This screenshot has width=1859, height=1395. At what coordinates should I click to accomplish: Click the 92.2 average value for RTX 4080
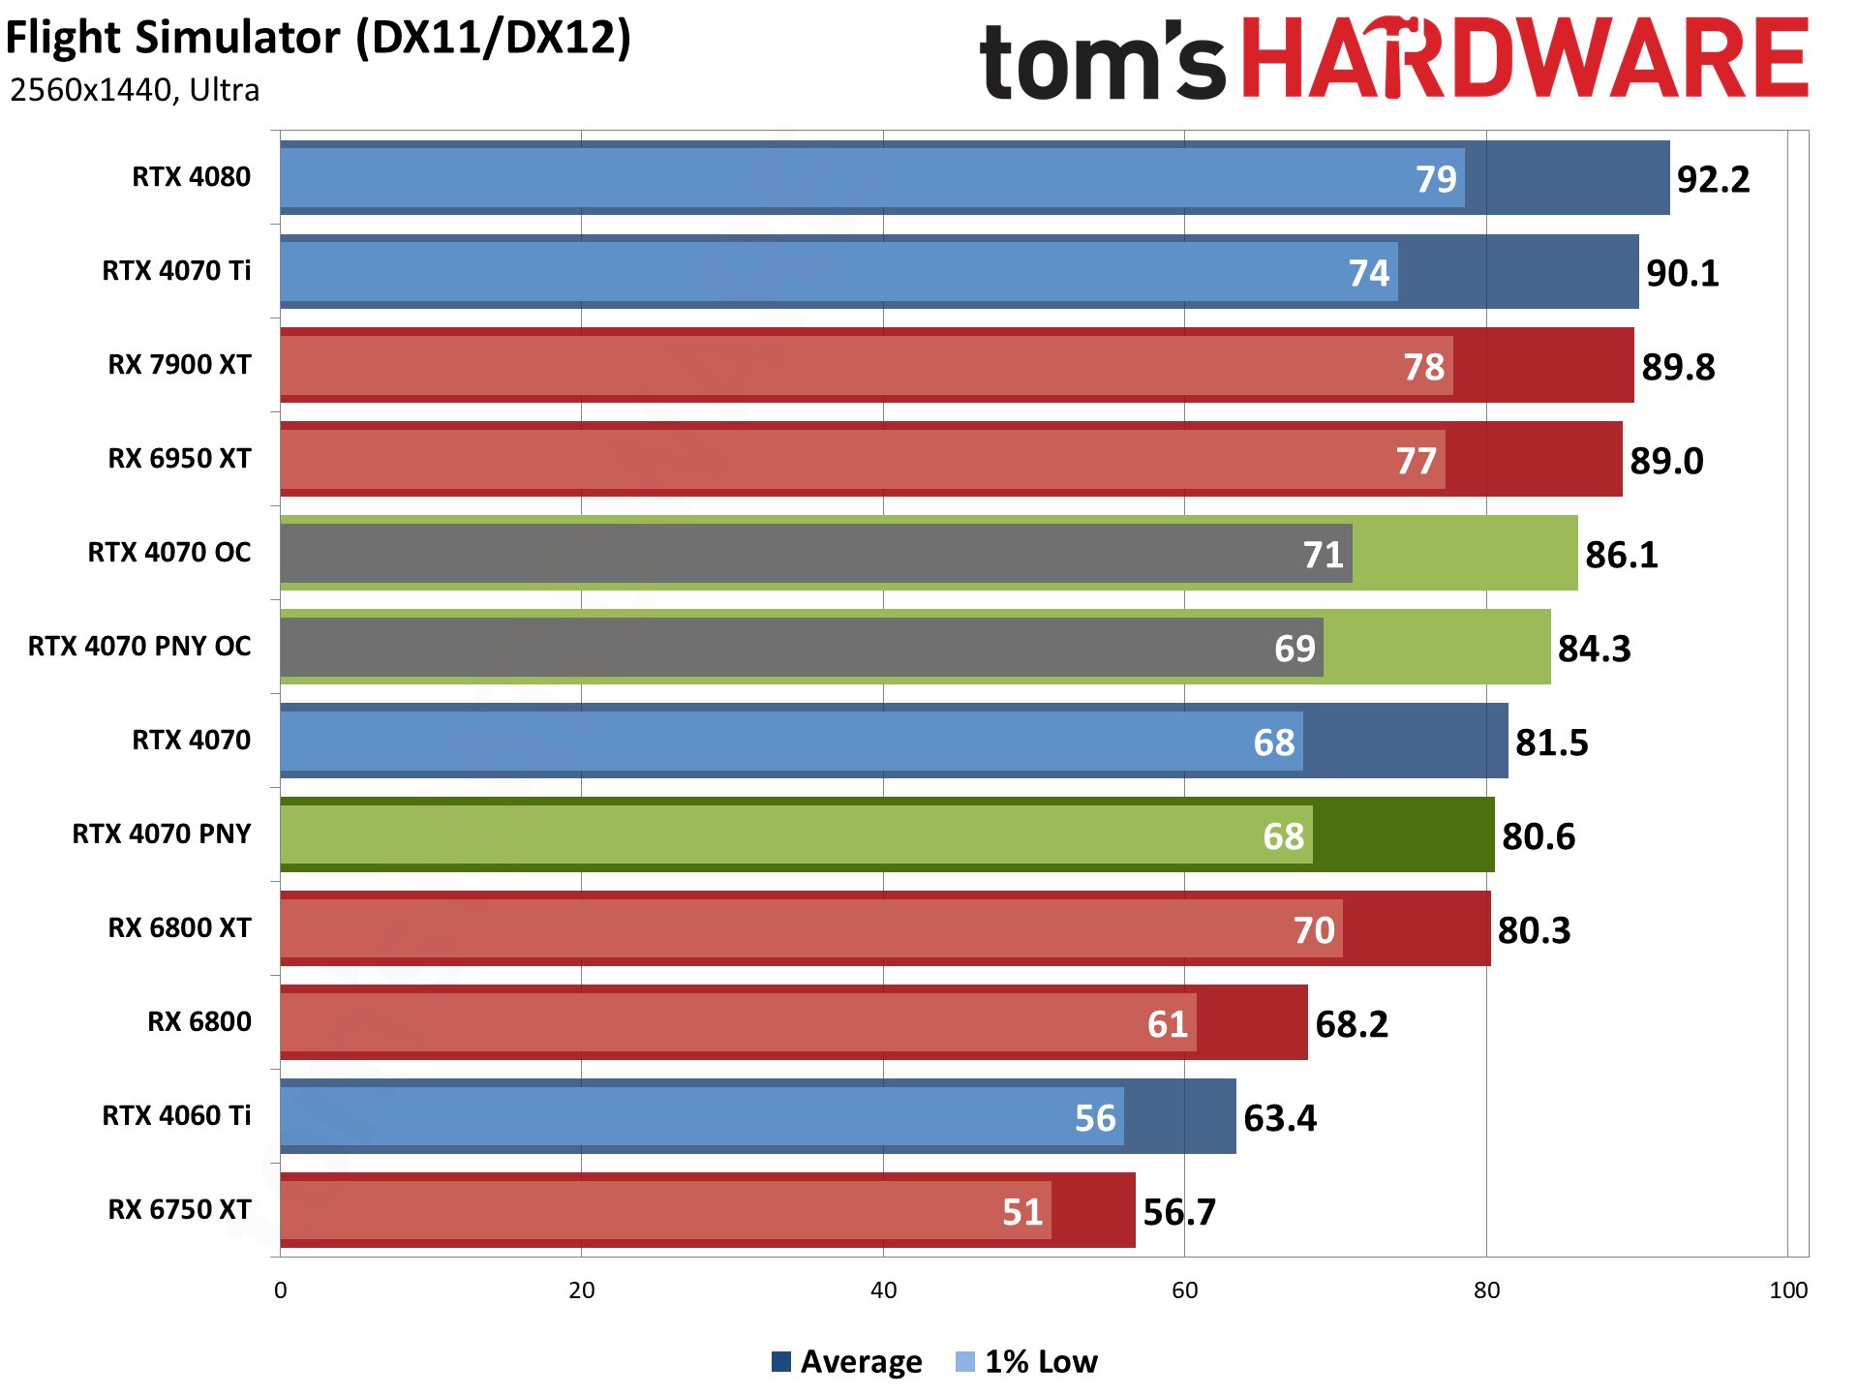tap(1713, 180)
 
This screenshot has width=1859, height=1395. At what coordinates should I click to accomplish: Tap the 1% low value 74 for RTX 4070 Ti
tap(1368, 274)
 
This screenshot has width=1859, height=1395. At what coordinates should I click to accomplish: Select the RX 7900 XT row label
tap(179, 365)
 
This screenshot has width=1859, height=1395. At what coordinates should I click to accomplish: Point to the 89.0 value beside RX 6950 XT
tap(1665, 462)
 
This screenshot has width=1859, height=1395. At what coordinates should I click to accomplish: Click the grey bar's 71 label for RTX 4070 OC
tap(1323, 556)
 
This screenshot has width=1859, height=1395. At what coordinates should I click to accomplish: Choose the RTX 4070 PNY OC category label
tap(139, 647)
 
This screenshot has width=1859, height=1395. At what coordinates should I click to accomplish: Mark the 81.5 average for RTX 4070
tap(1551, 743)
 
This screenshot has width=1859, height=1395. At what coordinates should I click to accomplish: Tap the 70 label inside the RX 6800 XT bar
tap(1314, 931)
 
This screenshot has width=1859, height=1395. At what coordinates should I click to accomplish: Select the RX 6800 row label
tap(198, 1022)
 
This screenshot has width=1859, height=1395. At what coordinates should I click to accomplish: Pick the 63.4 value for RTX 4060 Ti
tap(1279, 1119)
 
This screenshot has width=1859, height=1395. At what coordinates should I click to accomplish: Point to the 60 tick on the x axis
tap(1184, 1290)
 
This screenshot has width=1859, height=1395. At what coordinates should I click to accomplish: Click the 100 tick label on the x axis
tap(1787, 1290)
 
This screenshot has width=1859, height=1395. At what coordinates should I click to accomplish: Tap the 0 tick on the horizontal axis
tap(281, 1290)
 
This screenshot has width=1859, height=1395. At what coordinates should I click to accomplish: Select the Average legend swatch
tap(781, 1362)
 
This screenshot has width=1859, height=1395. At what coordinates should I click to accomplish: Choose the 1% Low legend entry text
tap(1041, 1362)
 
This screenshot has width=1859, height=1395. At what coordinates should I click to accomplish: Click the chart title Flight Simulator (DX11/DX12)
tap(319, 39)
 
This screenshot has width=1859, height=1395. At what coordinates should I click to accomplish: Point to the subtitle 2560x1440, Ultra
tap(135, 90)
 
